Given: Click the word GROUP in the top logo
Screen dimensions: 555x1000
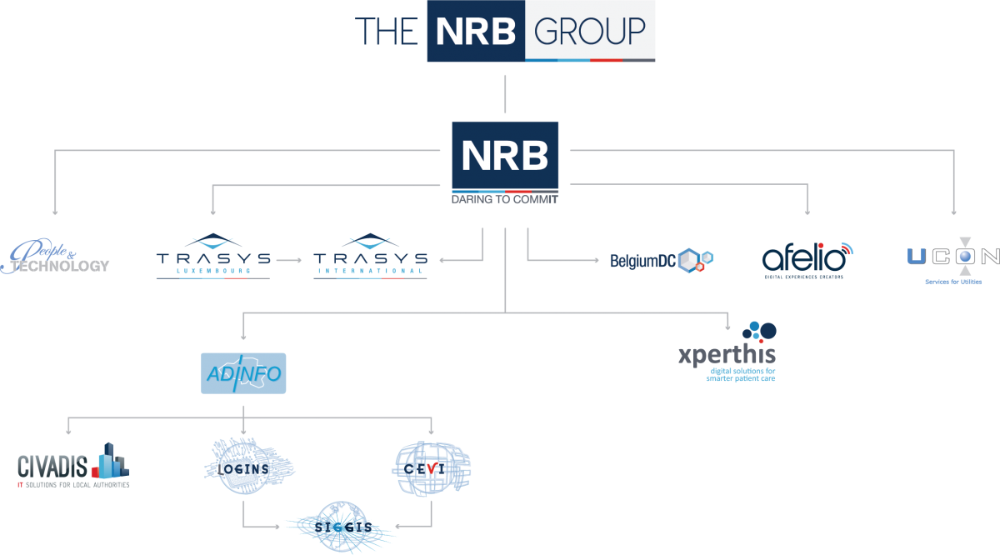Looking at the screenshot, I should coord(589,31).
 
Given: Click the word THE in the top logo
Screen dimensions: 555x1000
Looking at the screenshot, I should coord(386,32).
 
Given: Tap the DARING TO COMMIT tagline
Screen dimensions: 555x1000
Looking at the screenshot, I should coord(505,200).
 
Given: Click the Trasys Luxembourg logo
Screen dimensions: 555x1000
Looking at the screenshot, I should coord(213,257).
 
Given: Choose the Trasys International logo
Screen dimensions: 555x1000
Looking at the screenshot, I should coord(371,257).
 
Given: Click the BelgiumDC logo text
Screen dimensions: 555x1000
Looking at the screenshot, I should coord(642,261).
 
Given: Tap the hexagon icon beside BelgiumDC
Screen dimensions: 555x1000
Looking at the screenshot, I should coord(695,260).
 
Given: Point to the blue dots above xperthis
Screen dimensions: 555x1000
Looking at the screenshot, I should coord(759,330).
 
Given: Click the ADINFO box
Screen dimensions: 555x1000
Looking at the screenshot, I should coord(243,373).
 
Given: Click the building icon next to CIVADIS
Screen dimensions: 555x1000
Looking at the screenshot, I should coord(110,461).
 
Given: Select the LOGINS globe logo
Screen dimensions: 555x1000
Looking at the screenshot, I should coord(248,467).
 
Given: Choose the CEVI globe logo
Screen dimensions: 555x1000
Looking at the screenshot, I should coord(431,467).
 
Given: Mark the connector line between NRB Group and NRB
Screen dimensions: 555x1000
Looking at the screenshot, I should coord(505,93).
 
